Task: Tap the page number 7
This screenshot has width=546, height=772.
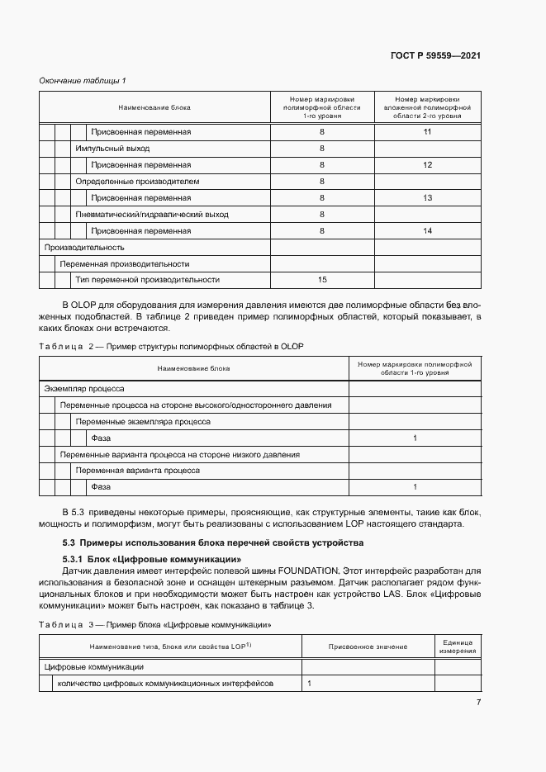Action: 478,702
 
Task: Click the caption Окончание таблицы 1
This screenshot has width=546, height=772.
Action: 83,80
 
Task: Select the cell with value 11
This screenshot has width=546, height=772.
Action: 427,132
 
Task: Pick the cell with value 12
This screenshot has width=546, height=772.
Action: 427,165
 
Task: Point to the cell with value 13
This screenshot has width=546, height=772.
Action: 427,198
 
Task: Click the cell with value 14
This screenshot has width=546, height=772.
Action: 427,231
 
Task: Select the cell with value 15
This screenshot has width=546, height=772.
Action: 322,280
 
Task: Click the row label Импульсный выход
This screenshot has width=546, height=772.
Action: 112,149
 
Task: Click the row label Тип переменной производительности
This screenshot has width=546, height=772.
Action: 147,280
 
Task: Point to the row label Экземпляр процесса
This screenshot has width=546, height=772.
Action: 83,388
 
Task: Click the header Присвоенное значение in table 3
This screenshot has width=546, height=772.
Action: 367,646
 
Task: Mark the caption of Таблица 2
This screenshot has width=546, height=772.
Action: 172,346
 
